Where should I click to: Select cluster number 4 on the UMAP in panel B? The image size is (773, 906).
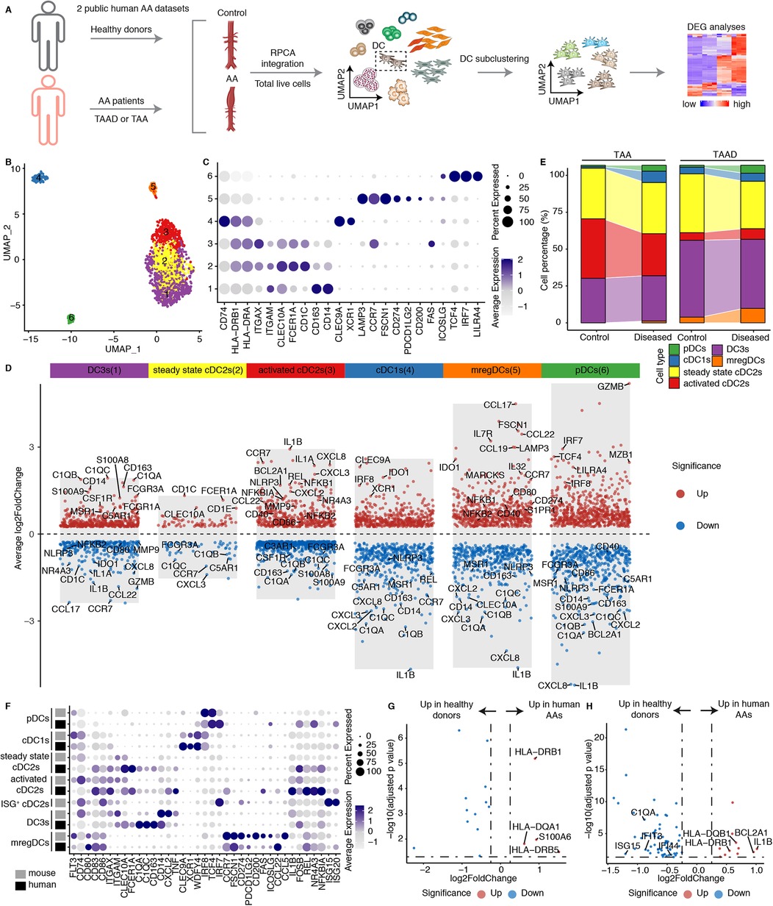[x=36, y=177]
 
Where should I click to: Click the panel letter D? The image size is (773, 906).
[x=8, y=365]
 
